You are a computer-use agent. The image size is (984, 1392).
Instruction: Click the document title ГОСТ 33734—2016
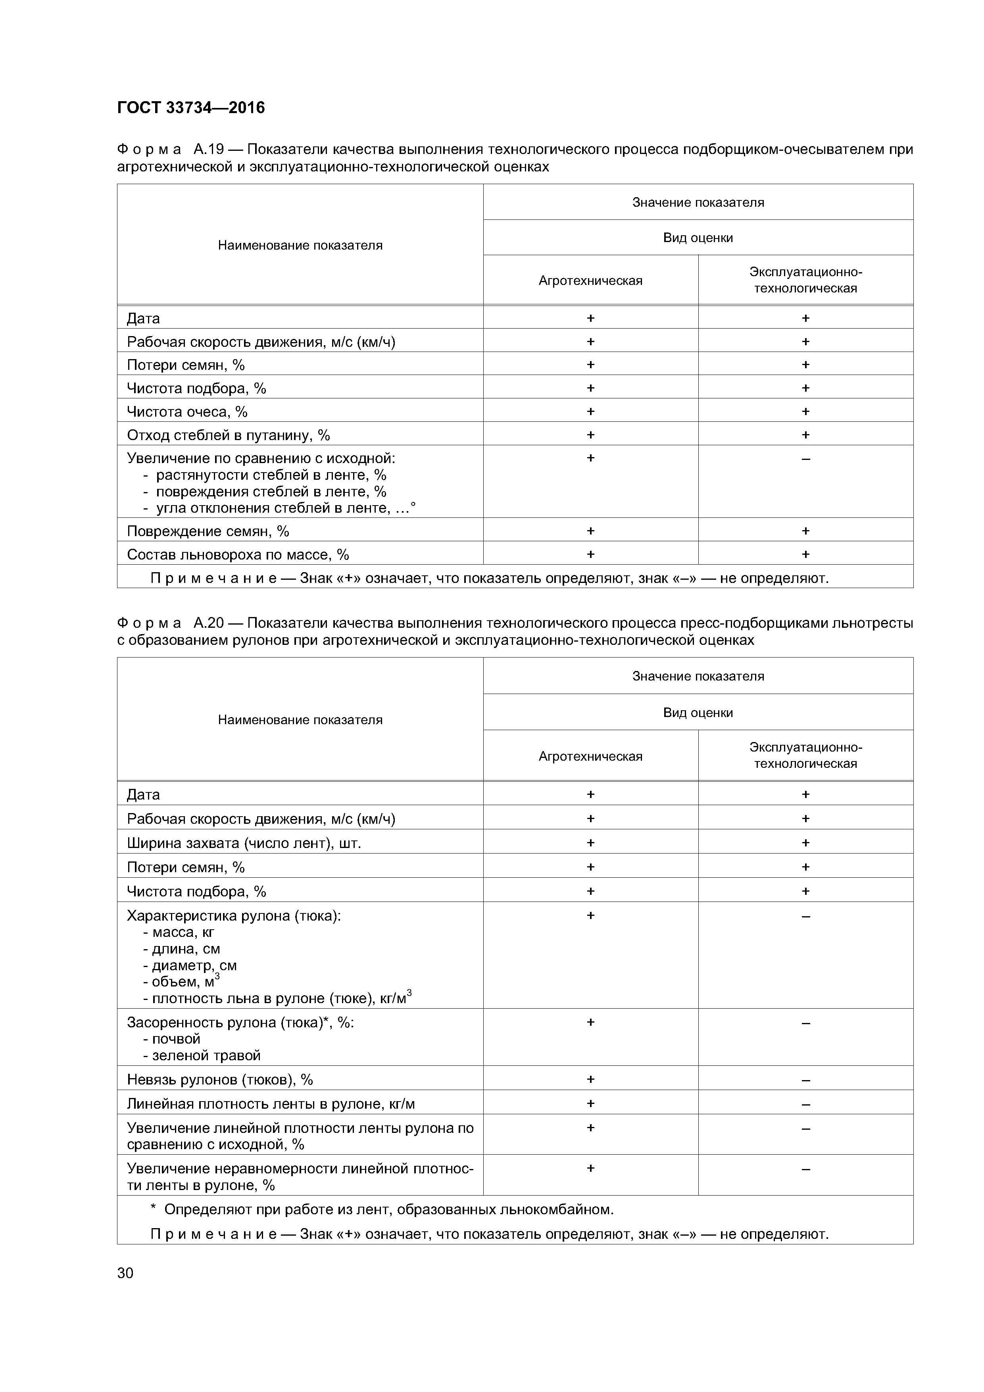tap(191, 108)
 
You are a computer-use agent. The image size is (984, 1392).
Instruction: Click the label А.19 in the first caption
tap(209, 149)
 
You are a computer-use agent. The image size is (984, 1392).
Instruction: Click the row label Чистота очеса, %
tap(187, 411)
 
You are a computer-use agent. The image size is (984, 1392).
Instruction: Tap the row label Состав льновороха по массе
tap(238, 554)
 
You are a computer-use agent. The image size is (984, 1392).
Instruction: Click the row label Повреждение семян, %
tap(208, 531)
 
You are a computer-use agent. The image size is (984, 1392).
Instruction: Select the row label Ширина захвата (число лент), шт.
tap(244, 843)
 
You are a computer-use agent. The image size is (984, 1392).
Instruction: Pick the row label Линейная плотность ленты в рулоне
tap(271, 1104)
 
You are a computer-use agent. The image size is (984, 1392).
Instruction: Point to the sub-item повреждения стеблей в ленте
tap(271, 492)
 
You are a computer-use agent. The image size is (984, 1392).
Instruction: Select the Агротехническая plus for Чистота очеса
tap(590, 411)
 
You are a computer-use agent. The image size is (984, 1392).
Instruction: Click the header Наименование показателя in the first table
tap(300, 245)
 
